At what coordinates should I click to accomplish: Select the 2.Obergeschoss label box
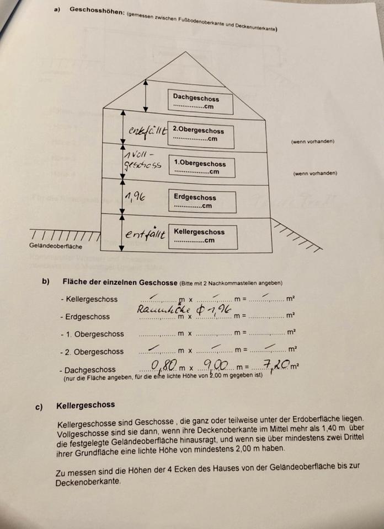(x=199, y=135)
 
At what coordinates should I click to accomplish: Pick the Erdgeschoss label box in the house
(x=201, y=202)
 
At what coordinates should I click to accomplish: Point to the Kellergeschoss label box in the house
(x=202, y=236)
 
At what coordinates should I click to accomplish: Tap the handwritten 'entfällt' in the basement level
(x=145, y=235)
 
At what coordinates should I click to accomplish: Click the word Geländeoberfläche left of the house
(x=56, y=246)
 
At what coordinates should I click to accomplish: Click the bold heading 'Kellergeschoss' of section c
(x=86, y=405)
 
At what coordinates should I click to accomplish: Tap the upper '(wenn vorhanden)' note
(x=312, y=142)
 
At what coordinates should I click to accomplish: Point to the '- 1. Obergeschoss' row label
(x=92, y=334)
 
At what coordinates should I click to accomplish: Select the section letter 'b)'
(x=46, y=282)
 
